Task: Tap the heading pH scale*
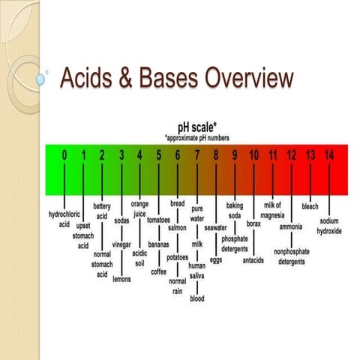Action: pyautogui.click(x=196, y=127)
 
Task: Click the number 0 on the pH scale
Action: pyautogui.click(x=64, y=155)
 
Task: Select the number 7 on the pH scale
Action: pyautogui.click(x=196, y=155)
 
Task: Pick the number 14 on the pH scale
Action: pyautogui.click(x=329, y=155)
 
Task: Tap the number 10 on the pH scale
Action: pyautogui.click(x=253, y=155)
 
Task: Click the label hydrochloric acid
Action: pyautogui.click(x=64, y=218)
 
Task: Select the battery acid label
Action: pyautogui.click(x=102, y=210)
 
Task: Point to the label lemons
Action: pyautogui.click(x=121, y=279)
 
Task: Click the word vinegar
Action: pyautogui.click(x=121, y=244)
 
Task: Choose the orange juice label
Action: pyautogui.click(x=139, y=208)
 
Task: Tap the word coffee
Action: pyautogui.click(x=159, y=271)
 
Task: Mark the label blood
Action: pyautogui.click(x=196, y=298)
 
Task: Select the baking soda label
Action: pyautogui.click(x=235, y=210)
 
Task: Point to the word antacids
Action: pyautogui.click(x=253, y=260)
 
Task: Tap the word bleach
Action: pyautogui.click(x=310, y=205)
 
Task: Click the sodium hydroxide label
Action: pyautogui.click(x=329, y=226)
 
